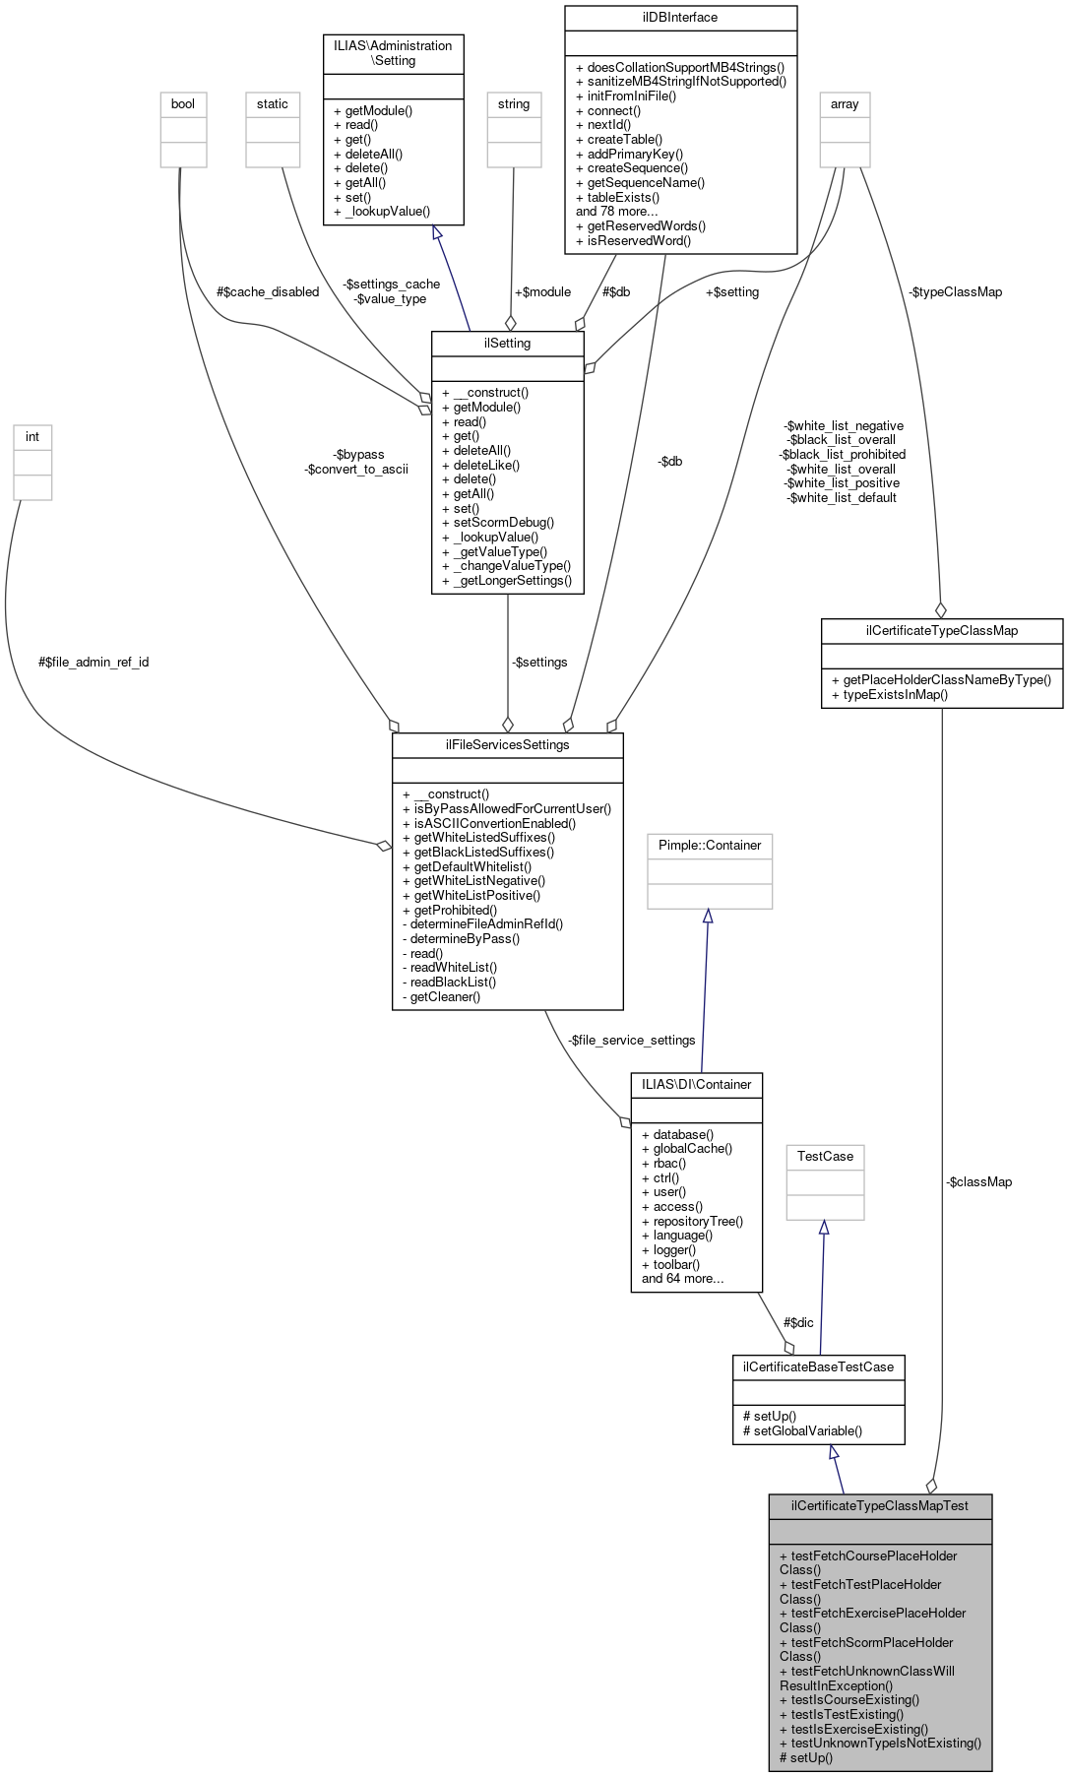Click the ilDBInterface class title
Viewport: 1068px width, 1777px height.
680,18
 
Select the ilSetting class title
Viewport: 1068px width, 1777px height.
507,343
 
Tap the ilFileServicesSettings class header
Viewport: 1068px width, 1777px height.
507,744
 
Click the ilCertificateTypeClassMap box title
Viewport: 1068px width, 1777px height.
941,630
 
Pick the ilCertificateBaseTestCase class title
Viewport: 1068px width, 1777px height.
818,1366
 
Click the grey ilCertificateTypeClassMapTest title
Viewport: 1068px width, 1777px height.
880,1505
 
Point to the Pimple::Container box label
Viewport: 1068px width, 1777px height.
709,845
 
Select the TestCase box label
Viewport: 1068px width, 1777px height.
825,1156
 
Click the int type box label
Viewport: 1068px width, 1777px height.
32,436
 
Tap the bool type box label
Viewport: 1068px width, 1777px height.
183,103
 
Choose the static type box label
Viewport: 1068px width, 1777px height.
273,103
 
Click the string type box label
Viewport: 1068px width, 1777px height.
513,103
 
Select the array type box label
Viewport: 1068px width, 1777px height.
845,103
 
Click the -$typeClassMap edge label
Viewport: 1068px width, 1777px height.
955,291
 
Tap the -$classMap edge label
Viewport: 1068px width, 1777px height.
978,1181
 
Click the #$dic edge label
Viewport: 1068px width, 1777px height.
798,1322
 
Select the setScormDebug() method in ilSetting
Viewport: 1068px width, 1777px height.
503,523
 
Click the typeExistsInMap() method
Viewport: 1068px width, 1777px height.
889,694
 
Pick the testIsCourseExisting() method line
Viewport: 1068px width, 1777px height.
854,1699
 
